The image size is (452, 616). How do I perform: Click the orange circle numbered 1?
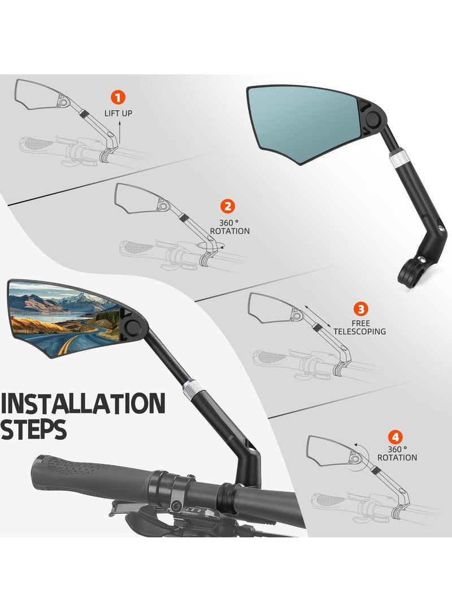pos(118,97)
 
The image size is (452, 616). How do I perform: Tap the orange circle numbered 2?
pos(229,207)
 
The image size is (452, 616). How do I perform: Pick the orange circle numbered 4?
pos(395,436)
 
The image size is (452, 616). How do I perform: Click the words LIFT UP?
pos(118,113)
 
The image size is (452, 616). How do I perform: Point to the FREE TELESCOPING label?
pos(360,327)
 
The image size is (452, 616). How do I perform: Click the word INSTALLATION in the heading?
pos(83,404)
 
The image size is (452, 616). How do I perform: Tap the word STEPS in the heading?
pos(34,430)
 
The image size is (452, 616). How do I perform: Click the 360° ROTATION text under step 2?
pos(229,227)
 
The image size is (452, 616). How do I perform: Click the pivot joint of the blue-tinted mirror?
pos(373,119)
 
